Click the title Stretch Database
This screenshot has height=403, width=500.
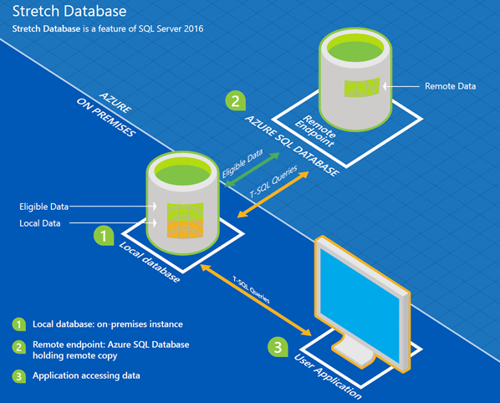click(x=69, y=12)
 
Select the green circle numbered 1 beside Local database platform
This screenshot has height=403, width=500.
click(x=103, y=237)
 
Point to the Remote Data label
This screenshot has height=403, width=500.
click(x=451, y=86)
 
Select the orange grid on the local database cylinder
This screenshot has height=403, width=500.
click(x=186, y=227)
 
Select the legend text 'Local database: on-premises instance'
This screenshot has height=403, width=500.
click(x=108, y=324)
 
